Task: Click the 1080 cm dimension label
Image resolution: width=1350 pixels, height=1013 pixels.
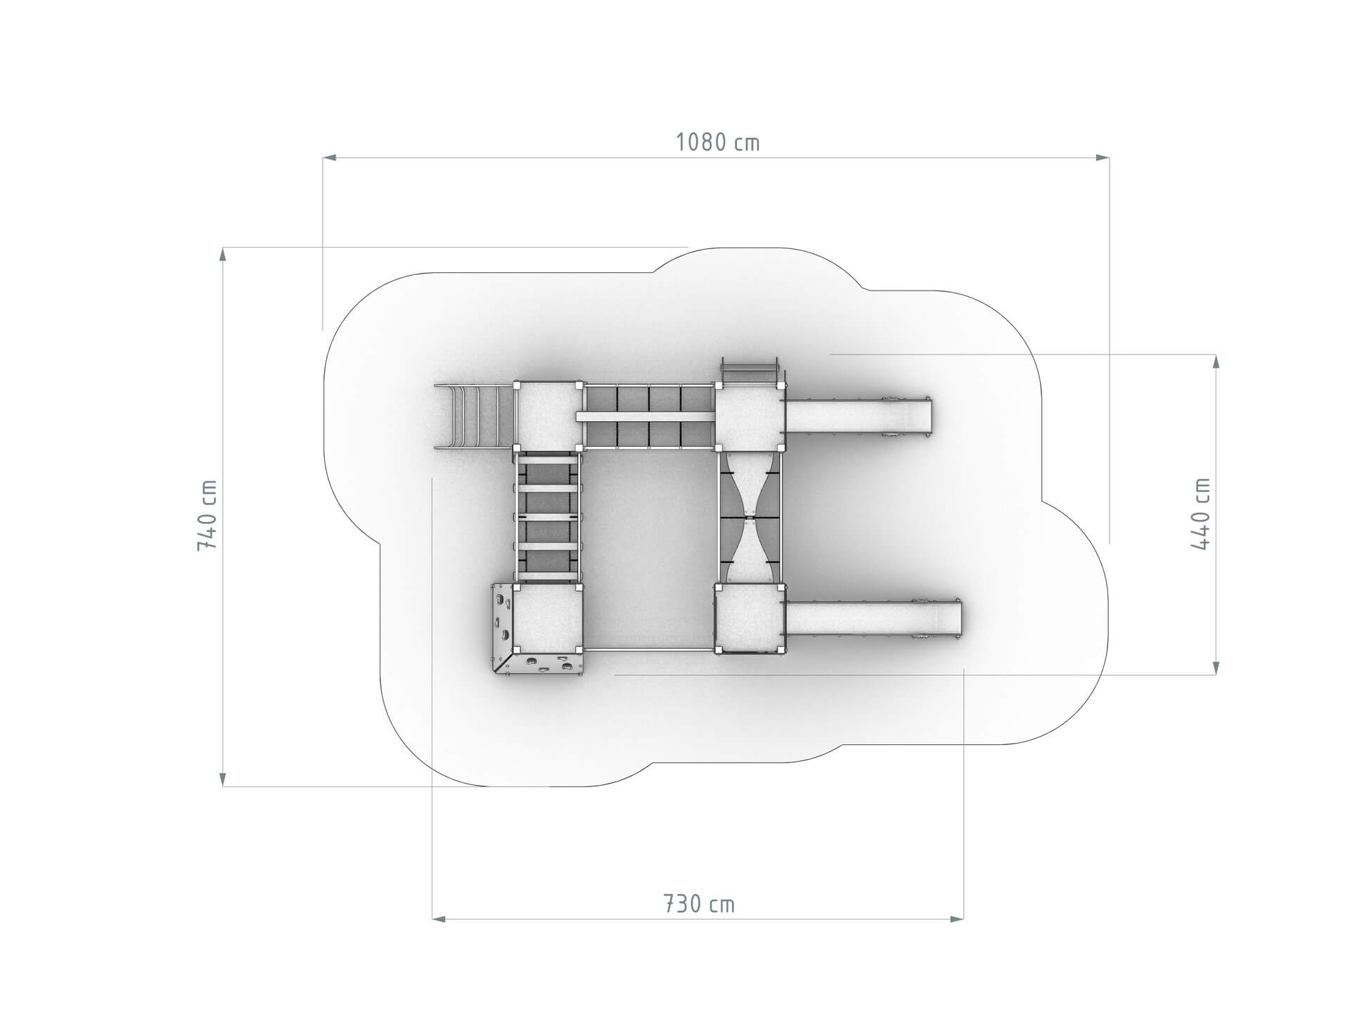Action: point(718,143)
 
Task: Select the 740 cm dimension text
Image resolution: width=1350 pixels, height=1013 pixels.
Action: point(208,516)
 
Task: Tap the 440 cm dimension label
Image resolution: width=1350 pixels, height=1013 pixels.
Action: point(1201,514)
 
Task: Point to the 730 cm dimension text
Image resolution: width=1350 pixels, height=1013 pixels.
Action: point(699,904)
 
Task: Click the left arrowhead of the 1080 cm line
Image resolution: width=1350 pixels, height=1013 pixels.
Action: point(330,158)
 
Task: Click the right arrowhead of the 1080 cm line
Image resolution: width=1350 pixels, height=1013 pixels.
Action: point(1102,158)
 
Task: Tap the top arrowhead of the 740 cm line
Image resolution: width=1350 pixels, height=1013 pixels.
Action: point(223,255)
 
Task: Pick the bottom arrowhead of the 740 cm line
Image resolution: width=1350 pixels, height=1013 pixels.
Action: point(223,778)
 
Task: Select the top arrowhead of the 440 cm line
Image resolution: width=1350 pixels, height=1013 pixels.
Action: point(1216,362)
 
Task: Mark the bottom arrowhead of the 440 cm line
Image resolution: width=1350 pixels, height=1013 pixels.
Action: point(1216,668)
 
